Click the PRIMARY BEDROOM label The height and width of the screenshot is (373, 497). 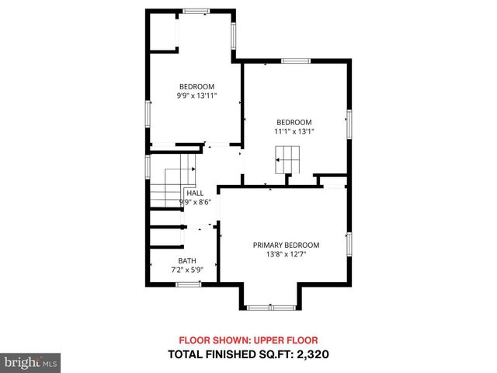coord(286,245)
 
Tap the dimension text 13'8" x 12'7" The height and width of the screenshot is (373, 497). coord(286,254)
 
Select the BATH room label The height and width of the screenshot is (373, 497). coord(186,261)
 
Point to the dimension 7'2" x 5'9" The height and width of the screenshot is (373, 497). coord(186,270)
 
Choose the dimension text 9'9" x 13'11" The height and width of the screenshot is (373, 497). coord(196,96)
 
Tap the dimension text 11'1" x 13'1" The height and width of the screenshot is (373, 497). coord(294,131)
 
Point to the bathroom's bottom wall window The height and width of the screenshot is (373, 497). coord(188,284)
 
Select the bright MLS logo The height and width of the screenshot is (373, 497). coord(31,362)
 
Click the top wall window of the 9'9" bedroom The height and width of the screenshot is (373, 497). coord(196,11)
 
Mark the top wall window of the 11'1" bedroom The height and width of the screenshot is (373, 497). coord(295,61)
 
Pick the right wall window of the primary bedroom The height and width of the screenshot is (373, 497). coord(349,243)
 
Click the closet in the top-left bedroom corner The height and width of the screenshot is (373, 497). coord(163,31)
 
